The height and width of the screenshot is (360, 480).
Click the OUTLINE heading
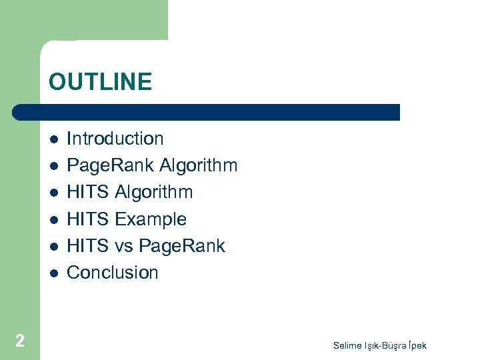pos(100,82)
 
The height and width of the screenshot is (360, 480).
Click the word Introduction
pos(115,139)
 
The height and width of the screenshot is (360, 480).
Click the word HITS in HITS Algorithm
pos(88,192)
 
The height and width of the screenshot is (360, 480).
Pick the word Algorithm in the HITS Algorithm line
pos(154,192)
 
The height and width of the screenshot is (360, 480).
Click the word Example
pos(151,219)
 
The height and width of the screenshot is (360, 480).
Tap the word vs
pos(124,245)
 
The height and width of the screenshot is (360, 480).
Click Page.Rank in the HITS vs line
pos(182,245)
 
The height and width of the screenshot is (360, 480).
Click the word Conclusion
pos(113,272)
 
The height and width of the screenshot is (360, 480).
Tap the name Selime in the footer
pos(347,345)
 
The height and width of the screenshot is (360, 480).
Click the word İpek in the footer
pos(413,345)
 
